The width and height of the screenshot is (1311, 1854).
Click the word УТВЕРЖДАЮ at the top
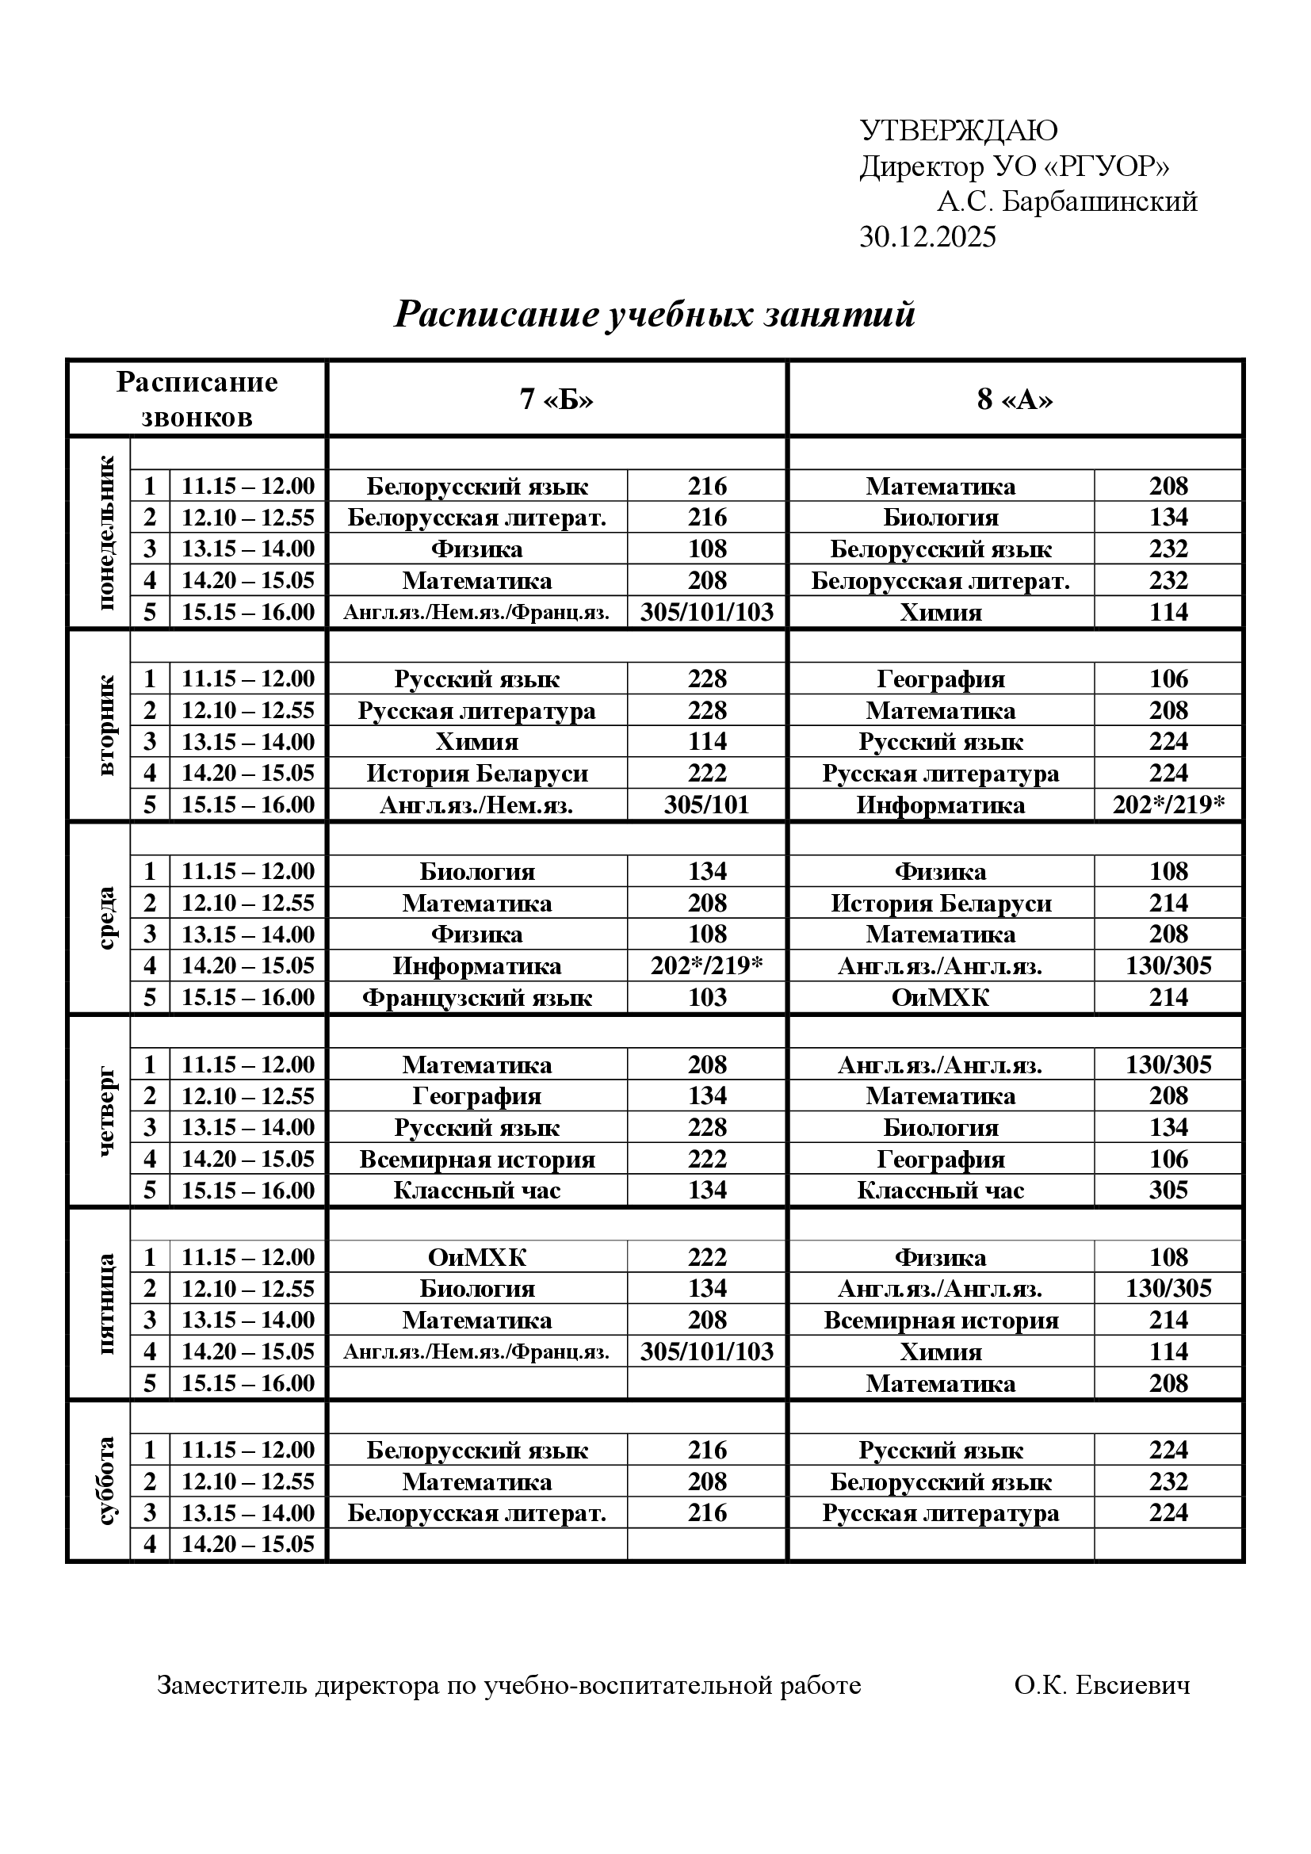tap(958, 130)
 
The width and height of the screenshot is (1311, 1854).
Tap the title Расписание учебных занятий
tap(654, 313)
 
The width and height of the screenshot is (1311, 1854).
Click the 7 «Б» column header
tap(556, 399)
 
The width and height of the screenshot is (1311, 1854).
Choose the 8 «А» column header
tap(1015, 399)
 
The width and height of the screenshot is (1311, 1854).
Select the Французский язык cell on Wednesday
tap(476, 998)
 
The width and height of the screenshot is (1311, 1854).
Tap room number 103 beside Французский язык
tap(707, 998)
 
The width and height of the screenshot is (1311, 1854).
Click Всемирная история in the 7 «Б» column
tap(476, 1160)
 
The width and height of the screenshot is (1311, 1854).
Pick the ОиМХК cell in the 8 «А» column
tap(941, 998)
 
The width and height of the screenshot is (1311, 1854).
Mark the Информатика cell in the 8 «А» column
tap(941, 805)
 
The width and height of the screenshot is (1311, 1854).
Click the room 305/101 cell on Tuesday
tap(707, 805)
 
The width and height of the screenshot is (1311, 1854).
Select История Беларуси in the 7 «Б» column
tap(476, 774)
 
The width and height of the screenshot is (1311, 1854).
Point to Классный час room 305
tap(1168, 1191)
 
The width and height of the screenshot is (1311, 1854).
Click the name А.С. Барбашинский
tap(1066, 201)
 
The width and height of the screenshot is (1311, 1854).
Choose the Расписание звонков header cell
tap(197, 399)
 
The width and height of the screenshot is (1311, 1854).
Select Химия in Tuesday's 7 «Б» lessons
tap(476, 742)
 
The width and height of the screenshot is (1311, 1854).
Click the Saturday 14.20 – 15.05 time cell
tap(248, 1545)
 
